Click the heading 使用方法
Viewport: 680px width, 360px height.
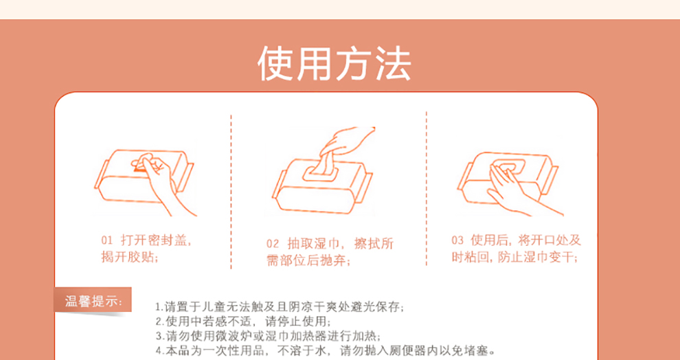pos(334,64)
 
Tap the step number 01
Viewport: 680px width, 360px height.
pos(107,240)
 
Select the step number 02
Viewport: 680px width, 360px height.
pos(273,243)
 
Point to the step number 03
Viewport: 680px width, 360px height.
pos(457,240)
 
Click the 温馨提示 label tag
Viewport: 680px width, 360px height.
pos(93,300)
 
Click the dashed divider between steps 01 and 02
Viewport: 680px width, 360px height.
pos(231,192)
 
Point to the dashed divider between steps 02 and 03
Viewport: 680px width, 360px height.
pos(427,189)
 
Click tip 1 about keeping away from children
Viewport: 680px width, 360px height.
pos(280,308)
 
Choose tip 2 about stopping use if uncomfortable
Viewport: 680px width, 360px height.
pos(243,322)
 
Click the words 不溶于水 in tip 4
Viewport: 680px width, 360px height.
pos(305,350)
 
